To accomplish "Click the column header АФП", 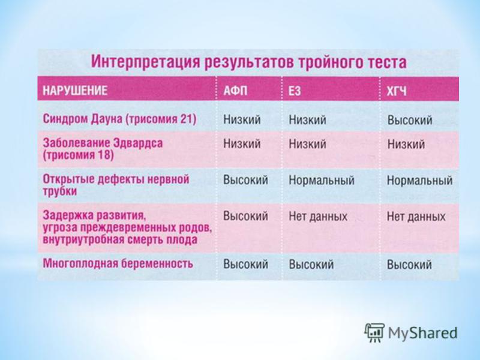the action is coord(235,91).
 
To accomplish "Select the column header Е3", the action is coord(295,91).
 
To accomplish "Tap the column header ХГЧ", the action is coord(397,91).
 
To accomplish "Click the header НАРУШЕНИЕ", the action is coord(75,91).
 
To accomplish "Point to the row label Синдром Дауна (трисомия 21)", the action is coord(119,118).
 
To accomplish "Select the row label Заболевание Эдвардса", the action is coord(103,143).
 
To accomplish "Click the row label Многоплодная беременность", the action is coord(118,263).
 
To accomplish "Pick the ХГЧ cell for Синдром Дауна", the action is coord(410,119).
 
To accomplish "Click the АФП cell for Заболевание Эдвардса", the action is coord(242,143).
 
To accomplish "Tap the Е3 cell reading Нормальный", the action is coord(322,180).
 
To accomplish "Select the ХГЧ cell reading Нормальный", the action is coord(419,180).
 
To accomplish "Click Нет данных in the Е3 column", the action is coord(318,217).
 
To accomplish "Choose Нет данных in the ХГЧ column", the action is coord(416,217).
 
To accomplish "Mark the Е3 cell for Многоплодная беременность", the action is coord(311,265).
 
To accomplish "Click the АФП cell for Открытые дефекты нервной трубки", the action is coord(245,179).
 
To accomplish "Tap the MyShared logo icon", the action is coord(374,332).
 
